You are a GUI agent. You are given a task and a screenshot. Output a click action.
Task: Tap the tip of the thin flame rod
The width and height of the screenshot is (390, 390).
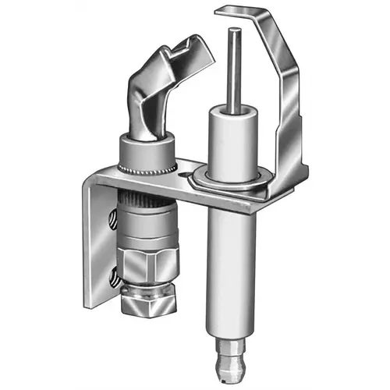click(234, 31)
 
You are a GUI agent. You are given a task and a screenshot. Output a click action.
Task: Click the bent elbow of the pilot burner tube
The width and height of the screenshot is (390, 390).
click(152, 101)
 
